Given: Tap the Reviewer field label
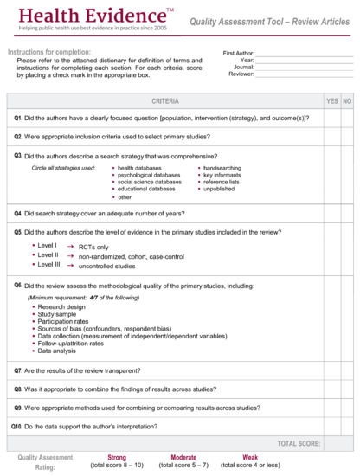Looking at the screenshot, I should coord(241,74).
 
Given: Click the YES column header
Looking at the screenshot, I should coord(331,101).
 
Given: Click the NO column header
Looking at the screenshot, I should coord(347,101).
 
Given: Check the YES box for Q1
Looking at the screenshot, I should coord(331,119).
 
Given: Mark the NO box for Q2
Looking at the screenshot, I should coord(347,136).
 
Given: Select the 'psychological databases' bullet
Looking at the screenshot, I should coord(149,175).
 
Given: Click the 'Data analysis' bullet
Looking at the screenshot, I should coord(57,351).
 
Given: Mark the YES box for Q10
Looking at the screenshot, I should coord(331,427).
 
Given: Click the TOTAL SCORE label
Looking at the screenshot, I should coord(299,443).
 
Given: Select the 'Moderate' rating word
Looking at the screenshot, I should coord(183,457).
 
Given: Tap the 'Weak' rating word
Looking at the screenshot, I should coord(249,457).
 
